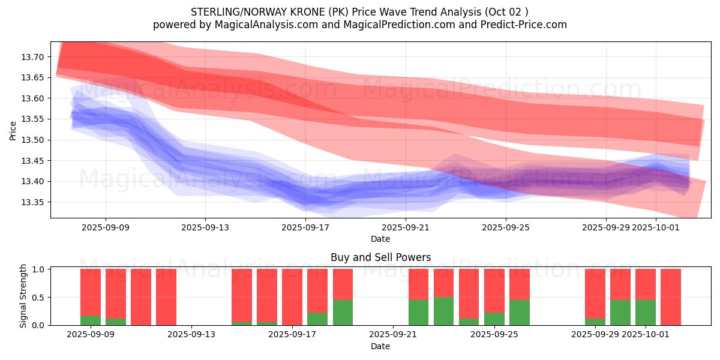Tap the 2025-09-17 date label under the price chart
pyautogui.click(x=305, y=227)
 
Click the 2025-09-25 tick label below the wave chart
pyautogui.click(x=505, y=227)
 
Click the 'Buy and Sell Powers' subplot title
pyautogui.click(x=380, y=257)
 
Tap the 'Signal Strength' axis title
pyautogui.click(x=23, y=296)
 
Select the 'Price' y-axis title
pyautogui.click(x=13, y=130)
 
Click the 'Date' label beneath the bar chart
pyautogui.click(x=380, y=346)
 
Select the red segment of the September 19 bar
pyautogui.click(x=343, y=284)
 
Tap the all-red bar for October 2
pyautogui.click(x=671, y=297)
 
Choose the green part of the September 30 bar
pyautogui.click(x=620, y=313)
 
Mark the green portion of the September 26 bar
pyautogui.click(x=520, y=313)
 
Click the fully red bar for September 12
pyautogui.click(x=166, y=297)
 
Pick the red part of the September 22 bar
pyautogui.click(x=419, y=284)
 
